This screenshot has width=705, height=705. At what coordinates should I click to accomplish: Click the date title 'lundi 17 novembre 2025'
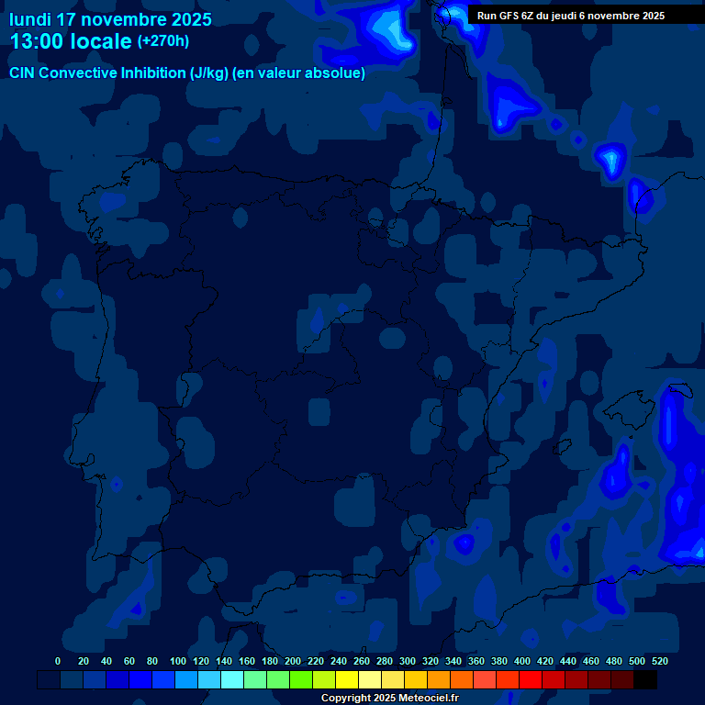(x=110, y=19)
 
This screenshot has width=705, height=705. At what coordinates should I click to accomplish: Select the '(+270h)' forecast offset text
(x=162, y=41)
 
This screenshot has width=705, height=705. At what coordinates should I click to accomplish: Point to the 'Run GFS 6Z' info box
(x=571, y=16)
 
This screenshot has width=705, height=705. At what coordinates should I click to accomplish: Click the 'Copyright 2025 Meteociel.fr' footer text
(x=390, y=698)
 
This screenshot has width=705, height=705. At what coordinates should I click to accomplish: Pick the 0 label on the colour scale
(x=58, y=661)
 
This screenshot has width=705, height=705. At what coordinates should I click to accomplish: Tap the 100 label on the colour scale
(x=178, y=661)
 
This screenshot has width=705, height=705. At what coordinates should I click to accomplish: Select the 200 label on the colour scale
(x=293, y=661)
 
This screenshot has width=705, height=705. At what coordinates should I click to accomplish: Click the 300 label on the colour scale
(x=408, y=661)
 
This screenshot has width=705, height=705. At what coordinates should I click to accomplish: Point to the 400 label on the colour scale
(x=522, y=661)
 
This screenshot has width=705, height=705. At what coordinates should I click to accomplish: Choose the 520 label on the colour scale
(x=659, y=661)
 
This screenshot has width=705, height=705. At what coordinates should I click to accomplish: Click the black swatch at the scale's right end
(x=645, y=679)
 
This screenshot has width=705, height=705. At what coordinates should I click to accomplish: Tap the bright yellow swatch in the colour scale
(x=347, y=679)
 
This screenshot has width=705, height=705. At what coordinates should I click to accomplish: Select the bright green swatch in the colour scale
(x=301, y=679)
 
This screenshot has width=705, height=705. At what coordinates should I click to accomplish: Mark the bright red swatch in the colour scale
(x=531, y=679)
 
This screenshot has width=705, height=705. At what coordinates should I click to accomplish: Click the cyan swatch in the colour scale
(x=232, y=679)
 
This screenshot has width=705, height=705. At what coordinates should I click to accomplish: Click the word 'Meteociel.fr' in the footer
(x=427, y=698)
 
